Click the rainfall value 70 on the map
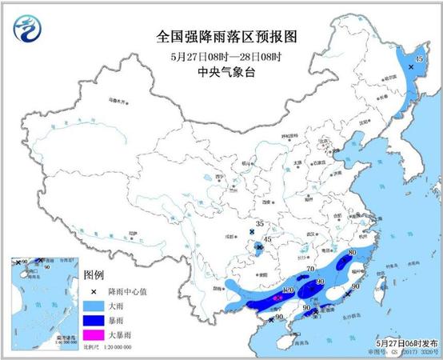point(311,270)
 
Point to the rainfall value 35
point(258,224)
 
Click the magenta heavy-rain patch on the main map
point(277,298)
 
